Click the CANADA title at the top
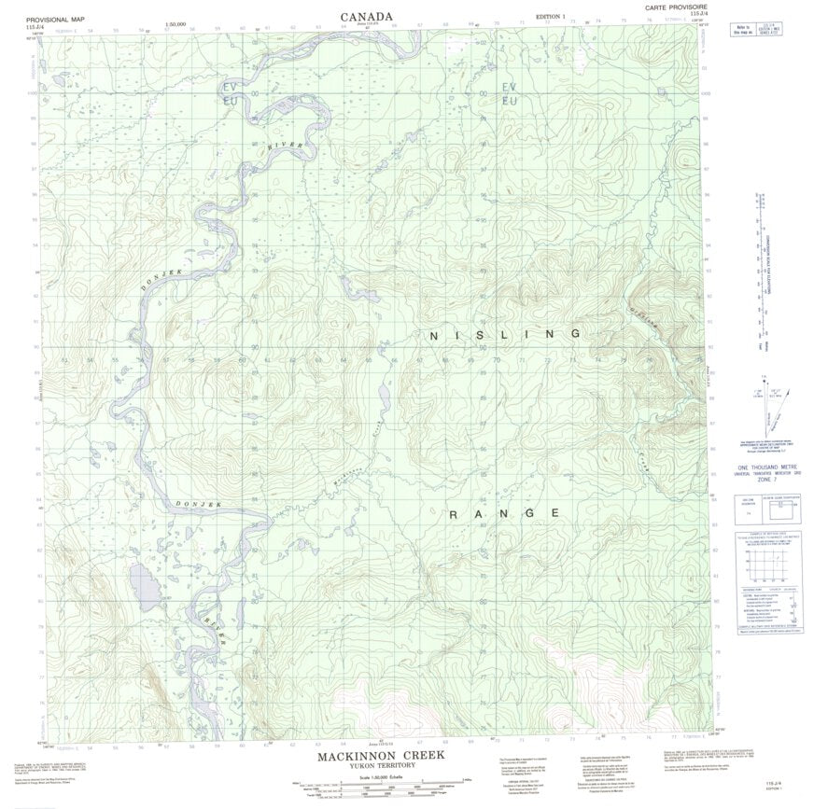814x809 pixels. tap(366, 16)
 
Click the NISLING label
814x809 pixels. tap(504, 334)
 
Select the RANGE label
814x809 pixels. tap(505, 514)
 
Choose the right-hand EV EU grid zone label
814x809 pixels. tap(509, 93)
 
